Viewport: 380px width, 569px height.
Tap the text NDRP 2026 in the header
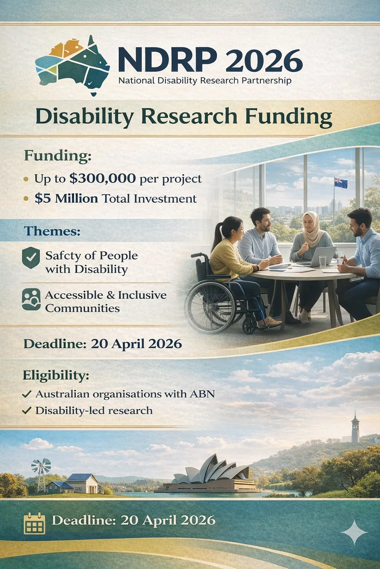coord(210,60)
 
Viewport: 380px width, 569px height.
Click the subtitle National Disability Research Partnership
coord(205,80)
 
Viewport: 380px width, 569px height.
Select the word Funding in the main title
coord(288,116)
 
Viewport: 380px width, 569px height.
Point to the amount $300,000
coord(102,179)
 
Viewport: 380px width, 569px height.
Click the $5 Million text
coord(66,199)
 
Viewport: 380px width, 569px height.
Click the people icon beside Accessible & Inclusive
coord(31,299)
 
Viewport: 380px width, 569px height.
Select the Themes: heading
coord(52,231)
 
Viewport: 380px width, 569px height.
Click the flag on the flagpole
coord(341,182)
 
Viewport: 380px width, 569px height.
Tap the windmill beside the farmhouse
coord(41,469)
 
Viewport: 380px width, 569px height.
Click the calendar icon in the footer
coord(34,523)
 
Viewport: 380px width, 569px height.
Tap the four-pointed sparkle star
coord(354,532)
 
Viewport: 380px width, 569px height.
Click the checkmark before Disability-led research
coord(27,410)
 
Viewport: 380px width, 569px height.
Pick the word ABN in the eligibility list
coord(202,394)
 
